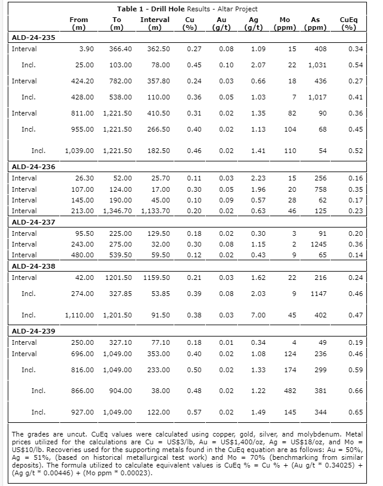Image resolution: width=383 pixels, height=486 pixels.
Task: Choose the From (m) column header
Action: click(79, 23)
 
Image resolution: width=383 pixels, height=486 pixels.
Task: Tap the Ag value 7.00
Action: click(256, 315)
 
